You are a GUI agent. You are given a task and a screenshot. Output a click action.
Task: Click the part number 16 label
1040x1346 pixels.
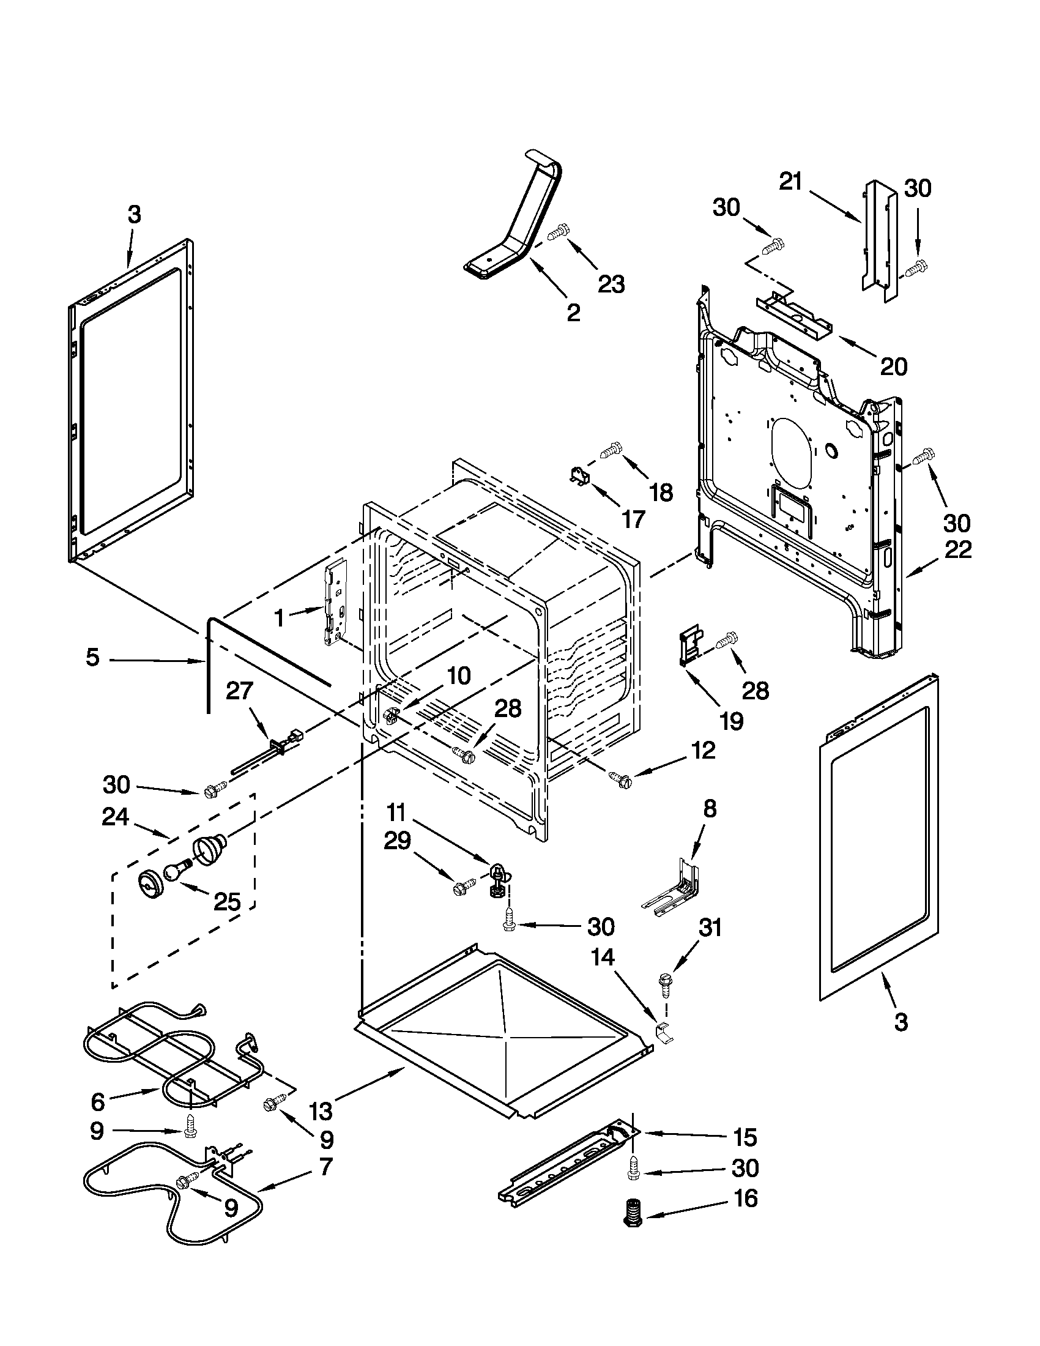click(x=746, y=1199)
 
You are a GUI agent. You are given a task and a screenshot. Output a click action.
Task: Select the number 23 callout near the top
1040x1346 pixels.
click(x=611, y=284)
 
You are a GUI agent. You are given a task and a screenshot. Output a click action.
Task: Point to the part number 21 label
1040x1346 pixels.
click(x=790, y=182)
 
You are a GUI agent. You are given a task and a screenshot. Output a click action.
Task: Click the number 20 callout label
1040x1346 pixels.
click(x=893, y=366)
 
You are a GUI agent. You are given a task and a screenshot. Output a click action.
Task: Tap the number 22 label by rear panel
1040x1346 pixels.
click(x=958, y=549)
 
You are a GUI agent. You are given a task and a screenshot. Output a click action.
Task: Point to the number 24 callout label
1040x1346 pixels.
click(x=116, y=817)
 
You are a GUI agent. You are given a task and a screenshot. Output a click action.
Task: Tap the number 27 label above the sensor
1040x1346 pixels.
click(x=239, y=691)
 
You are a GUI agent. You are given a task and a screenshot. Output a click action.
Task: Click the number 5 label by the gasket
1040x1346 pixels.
click(x=92, y=658)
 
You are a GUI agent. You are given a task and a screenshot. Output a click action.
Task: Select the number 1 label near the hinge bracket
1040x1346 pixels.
click(x=279, y=617)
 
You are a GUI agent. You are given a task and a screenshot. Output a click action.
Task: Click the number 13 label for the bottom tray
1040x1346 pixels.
click(x=321, y=1111)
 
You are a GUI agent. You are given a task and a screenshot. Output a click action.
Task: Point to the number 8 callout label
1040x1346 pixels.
click(x=710, y=809)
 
